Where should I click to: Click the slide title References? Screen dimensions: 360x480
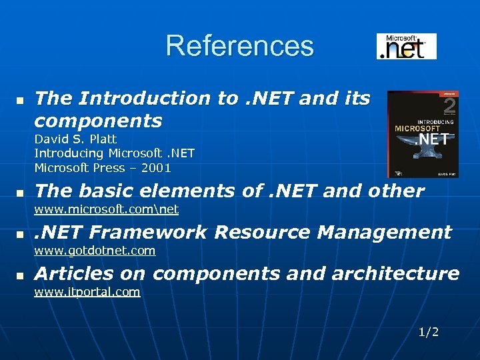pyautogui.click(x=239, y=46)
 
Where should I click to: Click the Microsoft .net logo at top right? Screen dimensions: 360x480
pyautogui.click(x=406, y=47)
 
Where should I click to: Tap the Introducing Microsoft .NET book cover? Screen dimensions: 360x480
pyautogui.click(x=422, y=134)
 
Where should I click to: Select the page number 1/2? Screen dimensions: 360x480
pyautogui.click(x=429, y=332)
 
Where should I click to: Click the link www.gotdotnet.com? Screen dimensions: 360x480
pyautogui.click(x=95, y=251)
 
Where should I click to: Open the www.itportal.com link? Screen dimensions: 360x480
pyautogui.click(x=87, y=292)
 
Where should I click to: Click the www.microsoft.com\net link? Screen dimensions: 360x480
pyautogui.click(x=106, y=209)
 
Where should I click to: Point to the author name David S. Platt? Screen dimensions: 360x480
pyautogui.click(x=75, y=139)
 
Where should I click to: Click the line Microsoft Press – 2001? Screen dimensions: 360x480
pyautogui.click(x=103, y=167)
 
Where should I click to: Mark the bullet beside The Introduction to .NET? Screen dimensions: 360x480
pyautogui.click(x=19, y=100)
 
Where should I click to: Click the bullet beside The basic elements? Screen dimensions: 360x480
pyautogui.click(x=19, y=192)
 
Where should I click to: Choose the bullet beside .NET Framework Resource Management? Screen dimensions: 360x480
pyautogui.click(x=19, y=233)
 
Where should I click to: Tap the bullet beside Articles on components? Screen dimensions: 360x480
pyautogui.click(x=19, y=275)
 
